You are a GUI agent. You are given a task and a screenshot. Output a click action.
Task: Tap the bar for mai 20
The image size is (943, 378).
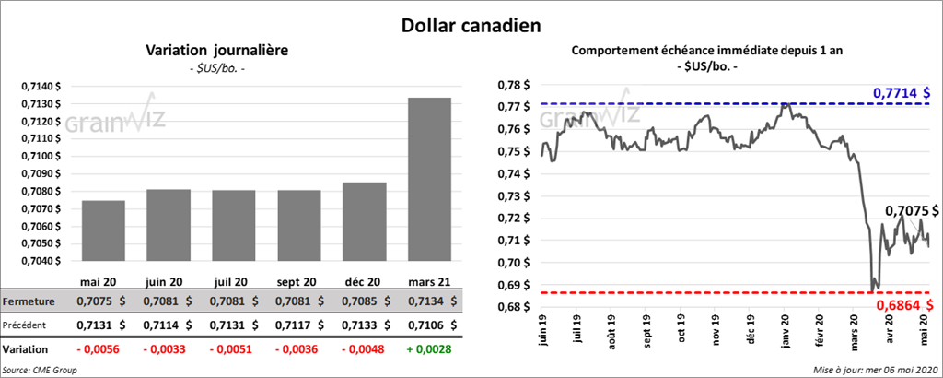click(x=103, y=230)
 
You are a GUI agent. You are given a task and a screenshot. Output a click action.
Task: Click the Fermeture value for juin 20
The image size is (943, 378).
click(x=168, y=301)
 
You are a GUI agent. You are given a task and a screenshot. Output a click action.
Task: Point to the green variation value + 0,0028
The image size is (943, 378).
click(x=429, y=350)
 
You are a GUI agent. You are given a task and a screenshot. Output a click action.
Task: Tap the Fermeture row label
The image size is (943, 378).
click(x=29, y=301)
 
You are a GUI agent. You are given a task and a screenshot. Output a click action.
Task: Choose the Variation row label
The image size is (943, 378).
click(x=26, y=350)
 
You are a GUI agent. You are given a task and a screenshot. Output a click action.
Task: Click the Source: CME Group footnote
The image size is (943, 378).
click(x=40, y=369)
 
